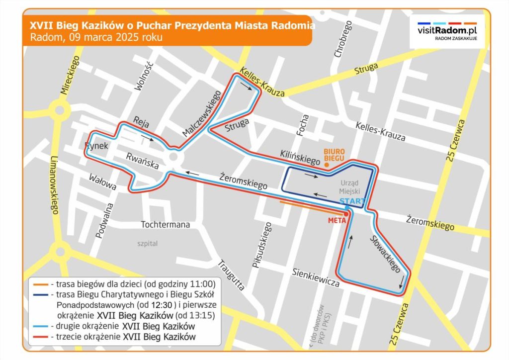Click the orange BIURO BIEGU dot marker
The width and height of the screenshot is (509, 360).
[326, 165]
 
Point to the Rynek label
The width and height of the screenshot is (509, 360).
[96, 146]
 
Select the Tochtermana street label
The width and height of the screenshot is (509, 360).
[165, 225]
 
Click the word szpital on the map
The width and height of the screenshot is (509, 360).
[148, 244]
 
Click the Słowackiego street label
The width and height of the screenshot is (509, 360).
[386, 254]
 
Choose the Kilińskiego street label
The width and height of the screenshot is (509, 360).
[300, 156]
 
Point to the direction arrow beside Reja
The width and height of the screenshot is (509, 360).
[148, 138]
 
